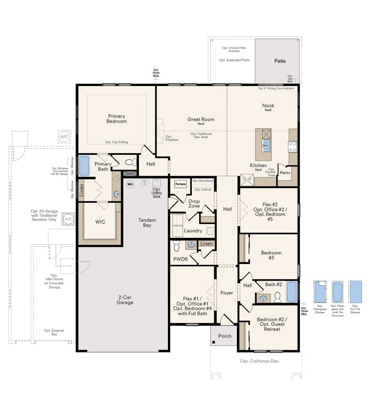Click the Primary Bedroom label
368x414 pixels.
click(117, 119)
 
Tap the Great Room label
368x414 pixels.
click(201, 120)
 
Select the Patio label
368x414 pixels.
click(280, 61)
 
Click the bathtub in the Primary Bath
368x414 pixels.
click(84, 166)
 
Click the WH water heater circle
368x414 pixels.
click(130, 184)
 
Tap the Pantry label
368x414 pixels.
click(285, 173)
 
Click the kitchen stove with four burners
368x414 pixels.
click(293, 146)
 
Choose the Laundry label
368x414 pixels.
click(193, 231)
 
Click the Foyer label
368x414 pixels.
click(227, 293)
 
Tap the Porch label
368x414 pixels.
click(225, 336)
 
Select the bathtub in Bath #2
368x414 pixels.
click(292, 291)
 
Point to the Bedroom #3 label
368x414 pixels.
click(271, 255)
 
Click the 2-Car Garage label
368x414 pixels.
click(125, 300)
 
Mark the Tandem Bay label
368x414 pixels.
click(147, 223)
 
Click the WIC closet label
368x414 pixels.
click(100, 222)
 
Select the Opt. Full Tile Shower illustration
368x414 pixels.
click(355, 291)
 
